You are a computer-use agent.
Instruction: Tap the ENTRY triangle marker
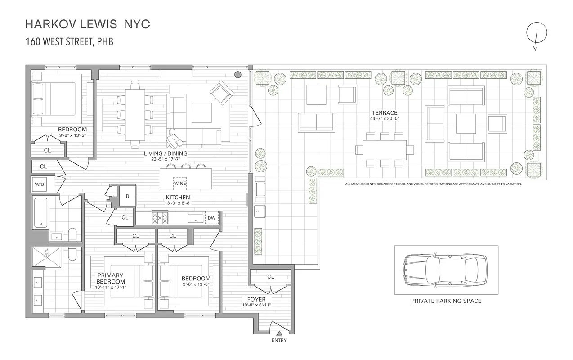click(279, 334)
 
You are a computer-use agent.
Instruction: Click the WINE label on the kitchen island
click(180, 183)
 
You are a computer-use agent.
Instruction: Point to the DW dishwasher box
click(211, 218)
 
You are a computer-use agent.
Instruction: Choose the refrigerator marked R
click(127, 196)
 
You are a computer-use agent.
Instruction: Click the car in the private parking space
click(445, 270)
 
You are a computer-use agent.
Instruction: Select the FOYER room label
click(256, 299)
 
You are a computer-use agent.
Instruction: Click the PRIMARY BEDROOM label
click(110, 279)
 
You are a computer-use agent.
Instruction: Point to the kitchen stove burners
click(160, 218)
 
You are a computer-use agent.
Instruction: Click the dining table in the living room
click(135, 115)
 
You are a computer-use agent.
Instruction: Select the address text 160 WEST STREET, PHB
click(69, 42)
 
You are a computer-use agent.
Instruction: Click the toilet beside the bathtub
click(72, 234)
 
